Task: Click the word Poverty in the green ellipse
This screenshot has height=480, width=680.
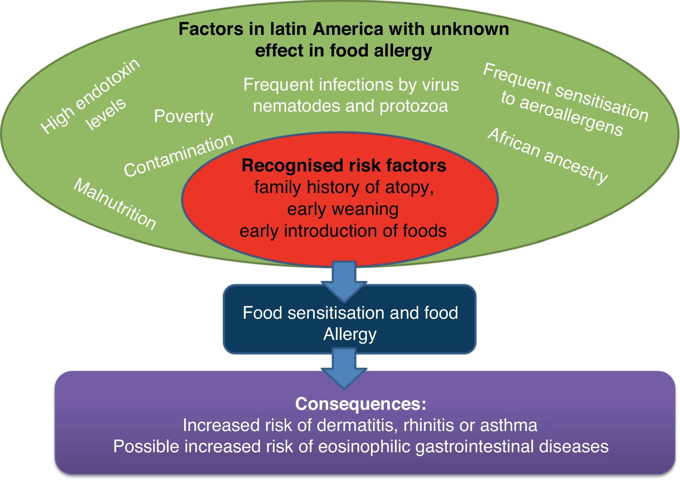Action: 183,117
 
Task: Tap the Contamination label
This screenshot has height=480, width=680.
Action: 179,156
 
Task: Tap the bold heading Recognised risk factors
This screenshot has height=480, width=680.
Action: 344,165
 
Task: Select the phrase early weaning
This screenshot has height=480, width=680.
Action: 343,209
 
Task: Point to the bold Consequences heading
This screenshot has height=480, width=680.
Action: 361,404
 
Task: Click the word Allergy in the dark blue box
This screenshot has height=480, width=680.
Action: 350,334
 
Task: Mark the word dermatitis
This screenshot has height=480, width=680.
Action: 357,425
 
